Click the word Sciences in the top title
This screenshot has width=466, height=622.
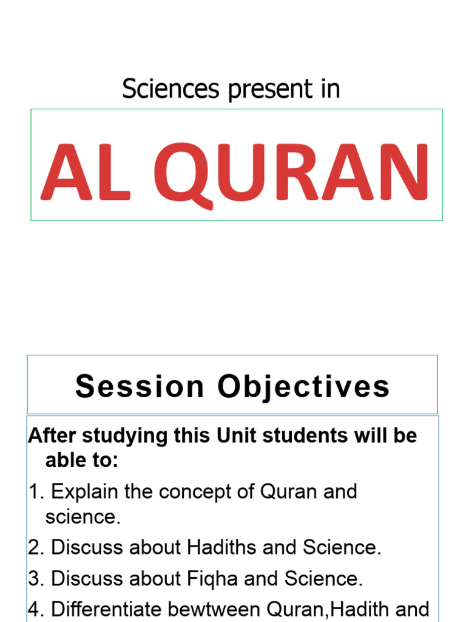(170, 89)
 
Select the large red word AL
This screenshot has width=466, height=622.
(86, 173)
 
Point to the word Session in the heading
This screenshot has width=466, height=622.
(140, 387)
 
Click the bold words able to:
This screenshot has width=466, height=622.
(81, 461)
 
